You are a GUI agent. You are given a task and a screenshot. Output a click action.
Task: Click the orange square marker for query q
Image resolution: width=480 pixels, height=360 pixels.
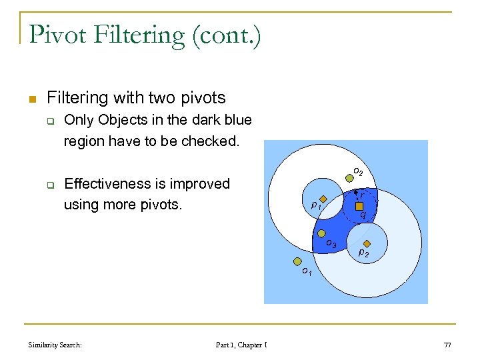[x=359, y=206]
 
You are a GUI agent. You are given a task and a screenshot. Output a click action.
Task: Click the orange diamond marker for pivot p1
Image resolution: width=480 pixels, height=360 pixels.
[x=323, y=199]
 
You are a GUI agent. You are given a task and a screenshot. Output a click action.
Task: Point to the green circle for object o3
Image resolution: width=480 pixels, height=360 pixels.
[x=321, y=233]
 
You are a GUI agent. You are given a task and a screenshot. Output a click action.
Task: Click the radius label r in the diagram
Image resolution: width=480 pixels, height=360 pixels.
[x=362, y=195]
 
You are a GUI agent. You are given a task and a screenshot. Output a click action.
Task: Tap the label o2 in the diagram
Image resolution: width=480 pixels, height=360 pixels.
[x=357, y=171]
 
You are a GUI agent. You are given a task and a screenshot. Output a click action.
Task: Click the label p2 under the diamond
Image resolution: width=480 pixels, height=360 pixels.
[x=364, y=253]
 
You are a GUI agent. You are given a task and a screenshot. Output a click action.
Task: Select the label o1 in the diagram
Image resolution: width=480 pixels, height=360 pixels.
[x=306, y=271]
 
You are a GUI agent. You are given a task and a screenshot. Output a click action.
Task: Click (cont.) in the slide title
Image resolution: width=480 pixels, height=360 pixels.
[x=226, y=35]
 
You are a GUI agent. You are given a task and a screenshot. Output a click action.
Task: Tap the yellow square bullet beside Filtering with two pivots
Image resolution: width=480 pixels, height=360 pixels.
[x=31, y=99]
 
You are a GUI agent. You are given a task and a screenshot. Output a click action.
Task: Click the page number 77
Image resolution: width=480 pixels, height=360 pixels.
[x=447, y=345]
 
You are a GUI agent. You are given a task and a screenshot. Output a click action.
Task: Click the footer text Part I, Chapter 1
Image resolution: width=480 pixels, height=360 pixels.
[x=241, y=345]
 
